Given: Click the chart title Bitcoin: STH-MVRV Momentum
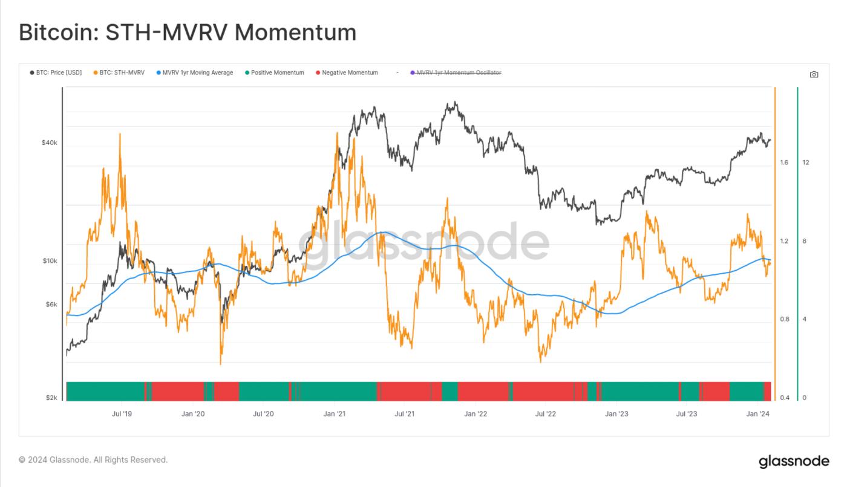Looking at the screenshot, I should (188, 32).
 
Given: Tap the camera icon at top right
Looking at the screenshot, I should (814, 74).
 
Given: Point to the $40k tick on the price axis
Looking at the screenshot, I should (49, 143).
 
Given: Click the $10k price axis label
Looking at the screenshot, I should (49, 261).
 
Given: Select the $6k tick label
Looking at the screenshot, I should (51, 305).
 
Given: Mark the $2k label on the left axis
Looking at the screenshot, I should (51, 398).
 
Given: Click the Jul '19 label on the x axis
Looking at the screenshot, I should (122, 414).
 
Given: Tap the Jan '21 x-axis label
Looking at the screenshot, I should (335, 414).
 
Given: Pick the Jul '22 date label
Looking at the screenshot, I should (546, 414).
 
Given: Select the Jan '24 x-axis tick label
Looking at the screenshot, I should (758, 414).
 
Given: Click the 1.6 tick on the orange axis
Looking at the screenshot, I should (784, 163).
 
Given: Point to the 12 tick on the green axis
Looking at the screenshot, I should (806, 163).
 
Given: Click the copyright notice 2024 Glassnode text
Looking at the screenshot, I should (93, 460).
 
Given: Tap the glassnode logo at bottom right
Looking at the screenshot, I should (794, 461).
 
